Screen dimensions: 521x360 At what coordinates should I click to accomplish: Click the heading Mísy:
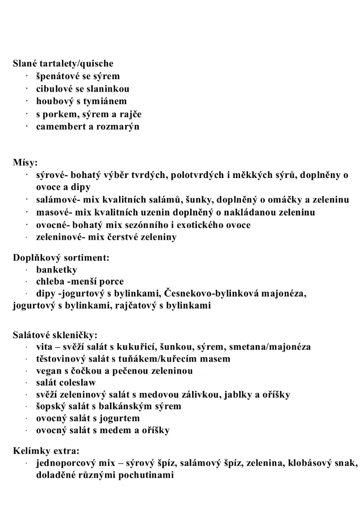tap(25, 162)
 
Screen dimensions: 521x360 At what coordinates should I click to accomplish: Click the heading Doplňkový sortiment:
tap(61, 258)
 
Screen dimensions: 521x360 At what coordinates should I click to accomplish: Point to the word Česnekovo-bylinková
tap(210, 293)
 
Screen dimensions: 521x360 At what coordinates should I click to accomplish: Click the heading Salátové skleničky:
tap(55, 335)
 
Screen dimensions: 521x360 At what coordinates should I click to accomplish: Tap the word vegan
tap(48, 371)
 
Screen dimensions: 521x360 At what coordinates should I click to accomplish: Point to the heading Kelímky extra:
tap(46, 451)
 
